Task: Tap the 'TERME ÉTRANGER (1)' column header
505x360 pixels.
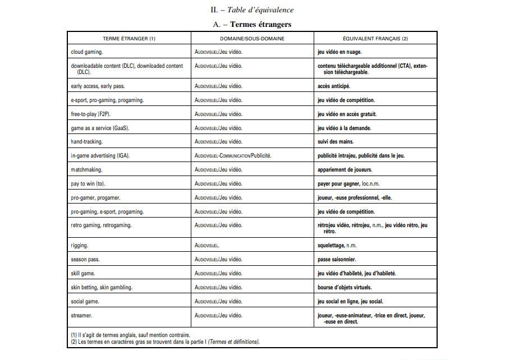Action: tap(129, 39)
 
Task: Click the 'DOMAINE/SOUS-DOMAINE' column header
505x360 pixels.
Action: tap(252, 39)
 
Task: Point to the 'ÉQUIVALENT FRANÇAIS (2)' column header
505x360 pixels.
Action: tap(375, 39)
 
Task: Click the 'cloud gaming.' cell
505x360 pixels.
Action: tap(87, 52)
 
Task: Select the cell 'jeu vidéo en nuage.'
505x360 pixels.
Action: tap(339, 52)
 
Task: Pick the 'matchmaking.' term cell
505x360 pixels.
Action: tap(87, 170)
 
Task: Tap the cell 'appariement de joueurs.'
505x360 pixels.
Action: tap(345, 170)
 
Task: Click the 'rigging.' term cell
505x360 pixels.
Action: tap(80, 246)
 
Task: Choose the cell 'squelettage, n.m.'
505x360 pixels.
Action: tap(337, 246)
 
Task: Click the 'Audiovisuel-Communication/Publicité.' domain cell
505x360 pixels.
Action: tap(233, 156)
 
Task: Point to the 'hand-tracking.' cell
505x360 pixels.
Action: tap(87, 142)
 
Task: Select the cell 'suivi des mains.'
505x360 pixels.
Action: tap(336, 142)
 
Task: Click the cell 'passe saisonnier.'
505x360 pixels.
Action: tap(337, 260)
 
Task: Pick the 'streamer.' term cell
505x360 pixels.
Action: tap(81, 316)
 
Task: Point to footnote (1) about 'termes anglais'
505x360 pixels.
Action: tap(130, 335)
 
